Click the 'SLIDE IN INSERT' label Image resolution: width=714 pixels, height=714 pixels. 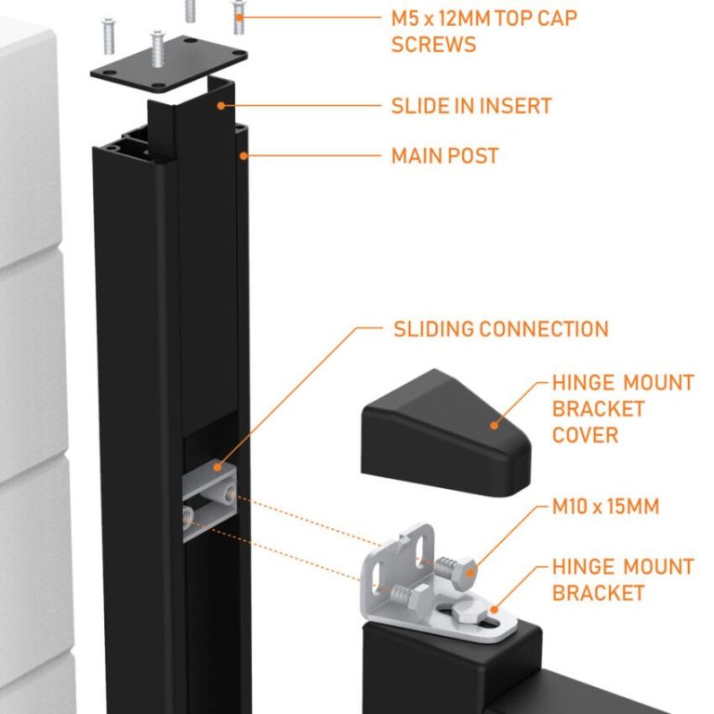coord(471,106)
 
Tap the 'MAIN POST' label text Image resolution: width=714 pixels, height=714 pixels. coord(444,155)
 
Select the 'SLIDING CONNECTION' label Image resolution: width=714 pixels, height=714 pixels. coord(501,329)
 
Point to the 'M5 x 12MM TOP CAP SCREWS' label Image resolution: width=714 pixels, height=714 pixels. coord(483,31)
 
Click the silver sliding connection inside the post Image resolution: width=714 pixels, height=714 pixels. coord(208,502)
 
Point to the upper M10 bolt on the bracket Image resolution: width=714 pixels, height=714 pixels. coord(455,566)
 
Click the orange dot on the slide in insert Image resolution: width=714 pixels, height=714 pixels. coord(221,106)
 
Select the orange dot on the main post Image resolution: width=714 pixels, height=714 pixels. coord(243,155)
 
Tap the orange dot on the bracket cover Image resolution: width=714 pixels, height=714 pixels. coord(494,426)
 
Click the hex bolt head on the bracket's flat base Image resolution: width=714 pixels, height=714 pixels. coord(469,616)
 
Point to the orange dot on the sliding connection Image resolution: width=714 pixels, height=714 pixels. coord(216,464)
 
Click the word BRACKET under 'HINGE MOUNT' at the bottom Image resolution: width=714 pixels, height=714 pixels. coord(599,592)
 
